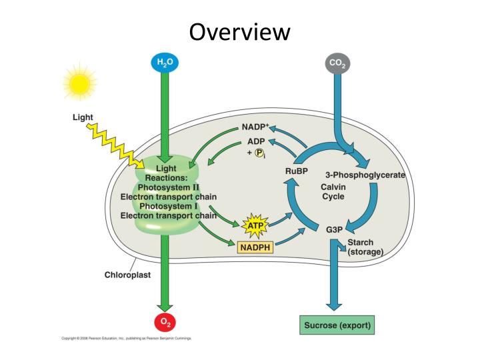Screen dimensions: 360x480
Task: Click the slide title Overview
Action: pyautogui.click(x=239, y=31)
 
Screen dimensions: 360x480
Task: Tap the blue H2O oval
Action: pyautogui.click(x=163, y=63)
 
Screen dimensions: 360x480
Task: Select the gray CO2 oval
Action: pyautogui.click(x=337, y=64)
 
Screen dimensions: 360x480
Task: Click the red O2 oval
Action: pyautogui.click(x=163, y=322)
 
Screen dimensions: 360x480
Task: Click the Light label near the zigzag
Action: pyautogui.click(x=83, y=117)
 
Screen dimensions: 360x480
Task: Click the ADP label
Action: pyautogui.click(x=256, y=141)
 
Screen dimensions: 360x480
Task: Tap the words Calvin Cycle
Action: pyautogui.click(x=333, y=192)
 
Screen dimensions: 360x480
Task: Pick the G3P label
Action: pyautogui.click(x=334, y=229)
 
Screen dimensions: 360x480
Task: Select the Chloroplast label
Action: pyautogui.click(x=127, y=274)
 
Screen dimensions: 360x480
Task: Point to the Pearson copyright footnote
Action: pyautogui.click(x=127, y=339)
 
